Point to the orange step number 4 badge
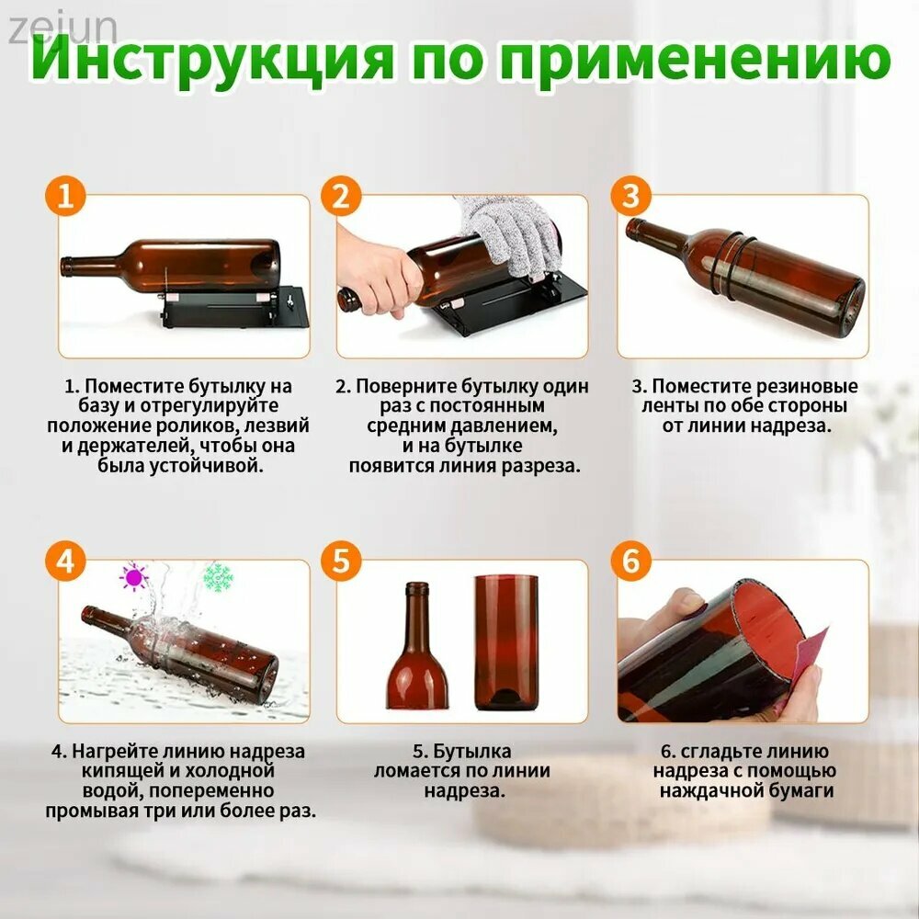point(65,561)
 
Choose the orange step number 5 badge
point(341,561)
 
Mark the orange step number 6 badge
point(630,561)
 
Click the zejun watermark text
point(62,29)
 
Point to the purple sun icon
point(133,577)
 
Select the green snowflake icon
point(218,577)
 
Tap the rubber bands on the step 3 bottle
point(728,265)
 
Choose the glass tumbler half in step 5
point(506,642)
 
